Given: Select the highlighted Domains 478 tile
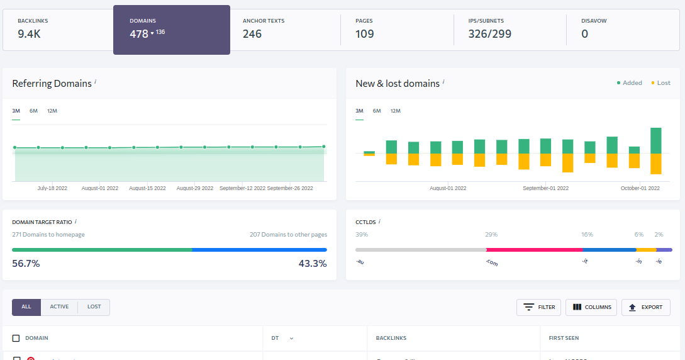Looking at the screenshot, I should tap(171, 30).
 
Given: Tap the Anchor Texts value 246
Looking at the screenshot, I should tap(252, 34).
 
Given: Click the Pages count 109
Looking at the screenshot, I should tap(365, 34).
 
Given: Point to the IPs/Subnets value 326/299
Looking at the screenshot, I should tap(489, 34).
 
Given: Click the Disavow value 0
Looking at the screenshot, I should tap(585, 34).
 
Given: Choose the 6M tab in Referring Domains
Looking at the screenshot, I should tap(33, 111).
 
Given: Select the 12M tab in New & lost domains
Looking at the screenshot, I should tap(395, 111).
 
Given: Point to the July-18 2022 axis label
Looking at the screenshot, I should tap(52, 188).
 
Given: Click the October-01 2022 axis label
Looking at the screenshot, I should tap(640, 188).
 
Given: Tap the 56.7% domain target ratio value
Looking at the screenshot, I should tap(26, 264).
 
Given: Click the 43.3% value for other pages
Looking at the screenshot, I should tap(313, 264).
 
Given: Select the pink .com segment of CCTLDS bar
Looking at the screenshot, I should tap(534, 250).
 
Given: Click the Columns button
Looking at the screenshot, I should tap(591, 307).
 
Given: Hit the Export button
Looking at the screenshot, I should tap(645, 307).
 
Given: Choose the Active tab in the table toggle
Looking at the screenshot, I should tap(59, 307).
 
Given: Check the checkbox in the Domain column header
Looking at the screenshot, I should tap(16, 339).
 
